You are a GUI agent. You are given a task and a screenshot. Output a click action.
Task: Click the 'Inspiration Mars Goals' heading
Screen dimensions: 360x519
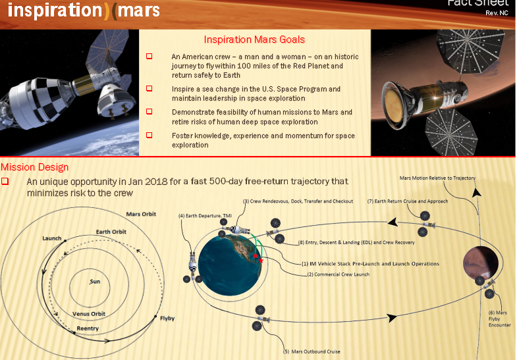click(254, 40)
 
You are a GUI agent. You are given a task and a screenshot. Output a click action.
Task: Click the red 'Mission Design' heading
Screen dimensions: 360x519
click(35, 167)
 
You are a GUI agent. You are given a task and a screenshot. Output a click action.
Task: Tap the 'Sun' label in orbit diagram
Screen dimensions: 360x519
click(96, 282)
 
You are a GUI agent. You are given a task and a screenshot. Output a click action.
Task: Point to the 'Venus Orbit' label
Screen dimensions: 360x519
click(89, 314)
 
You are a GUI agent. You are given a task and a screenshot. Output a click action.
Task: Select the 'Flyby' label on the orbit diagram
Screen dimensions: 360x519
click(167, 318)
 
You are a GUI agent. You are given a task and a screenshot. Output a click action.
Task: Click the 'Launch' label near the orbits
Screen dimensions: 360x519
click(51, 238)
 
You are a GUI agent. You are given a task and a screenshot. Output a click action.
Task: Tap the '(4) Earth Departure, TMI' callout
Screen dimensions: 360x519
click(205, 216)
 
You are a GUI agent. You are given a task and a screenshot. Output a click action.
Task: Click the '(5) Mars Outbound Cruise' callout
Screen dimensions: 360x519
click(312, 351)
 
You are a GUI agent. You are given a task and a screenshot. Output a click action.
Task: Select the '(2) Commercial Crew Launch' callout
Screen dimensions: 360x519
click(338, 274)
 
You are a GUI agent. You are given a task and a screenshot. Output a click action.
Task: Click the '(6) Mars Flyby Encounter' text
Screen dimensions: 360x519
click(499, 319)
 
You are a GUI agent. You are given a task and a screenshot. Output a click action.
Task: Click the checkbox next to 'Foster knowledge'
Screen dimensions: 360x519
click(150, 135)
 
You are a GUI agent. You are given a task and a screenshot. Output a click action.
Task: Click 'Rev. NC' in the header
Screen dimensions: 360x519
click(496, 13)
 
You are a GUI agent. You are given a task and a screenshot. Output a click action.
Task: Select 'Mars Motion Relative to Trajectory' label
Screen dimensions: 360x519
click(437, 178)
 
